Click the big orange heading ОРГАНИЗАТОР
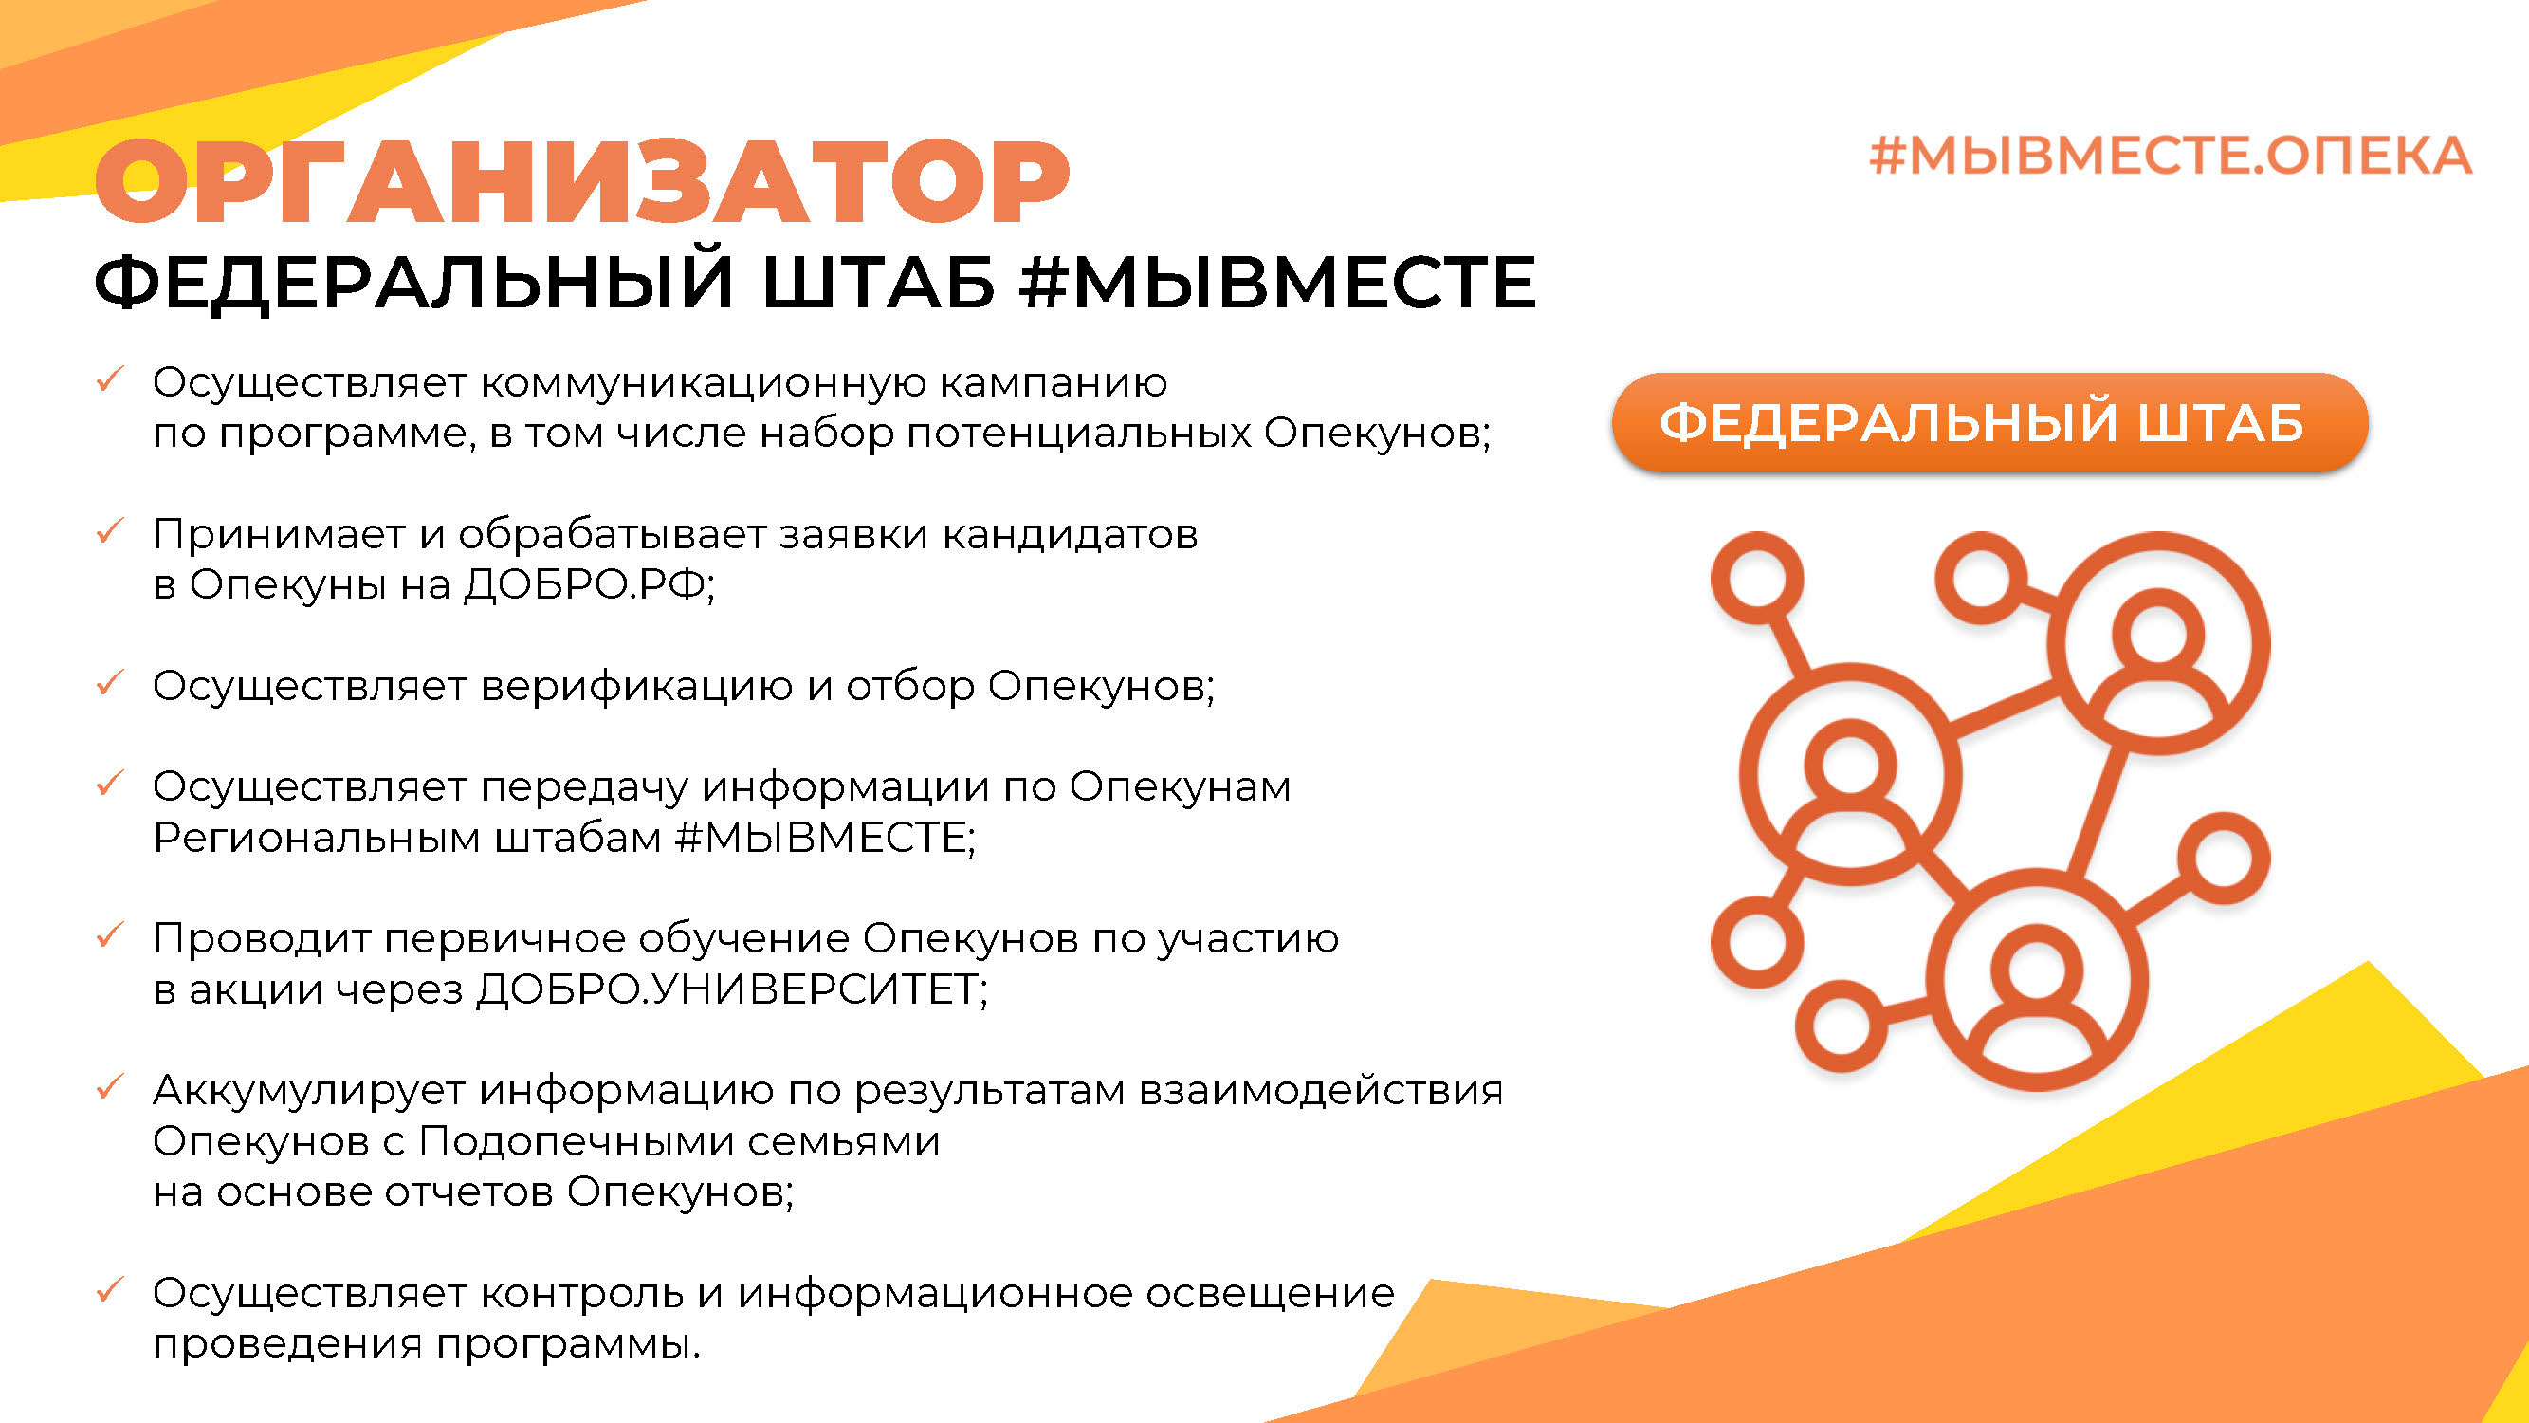pos(582,183)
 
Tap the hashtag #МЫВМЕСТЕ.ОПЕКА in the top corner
pos(2171,157)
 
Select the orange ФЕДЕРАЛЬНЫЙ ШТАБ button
pos(1989,423)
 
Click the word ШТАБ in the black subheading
pos(879,282)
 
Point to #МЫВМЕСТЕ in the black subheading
pos(1277,282)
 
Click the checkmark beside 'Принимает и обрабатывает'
pos(109,530)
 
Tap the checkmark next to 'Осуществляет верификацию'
pos(109,681)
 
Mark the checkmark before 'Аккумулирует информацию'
pos(109,1086)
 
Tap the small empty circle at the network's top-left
pos(1757,579)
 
